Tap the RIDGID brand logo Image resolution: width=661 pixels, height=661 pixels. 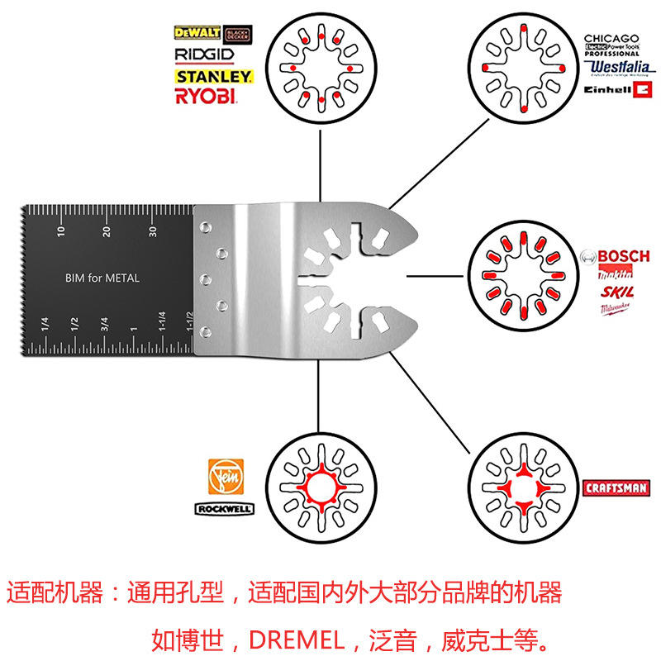(205, 55)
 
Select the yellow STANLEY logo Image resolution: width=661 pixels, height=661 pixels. (213, 76)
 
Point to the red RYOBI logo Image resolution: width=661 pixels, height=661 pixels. (206, 97)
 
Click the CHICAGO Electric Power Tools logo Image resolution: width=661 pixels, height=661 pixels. (611, 45)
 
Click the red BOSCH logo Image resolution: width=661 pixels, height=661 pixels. (615, 256)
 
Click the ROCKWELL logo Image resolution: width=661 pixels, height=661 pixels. (223, 510)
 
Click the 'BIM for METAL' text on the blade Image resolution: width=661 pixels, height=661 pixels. (102, 278)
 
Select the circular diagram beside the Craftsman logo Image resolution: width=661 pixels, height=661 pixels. (521, 488)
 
